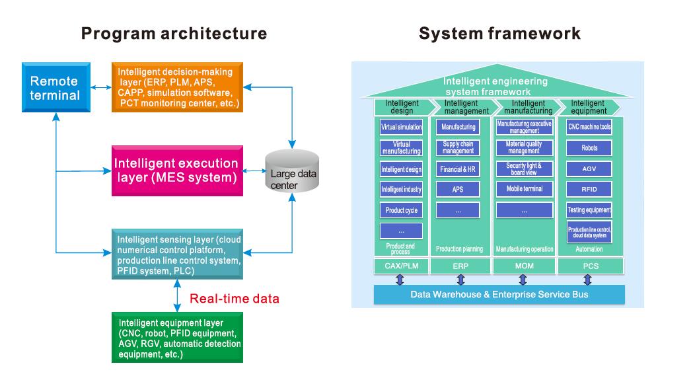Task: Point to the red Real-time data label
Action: tap(234, 299)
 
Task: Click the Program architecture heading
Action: tap(174, 34)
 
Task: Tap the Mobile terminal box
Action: tap(524, 189)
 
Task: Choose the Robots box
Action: tap(589, 147)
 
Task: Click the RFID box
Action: tap(589, 189)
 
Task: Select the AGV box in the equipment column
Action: tap(589, 169)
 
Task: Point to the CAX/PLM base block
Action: tap(400, 266)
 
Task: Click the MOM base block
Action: tap(524, 266)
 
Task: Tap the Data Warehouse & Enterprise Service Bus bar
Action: tap(499, 293)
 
